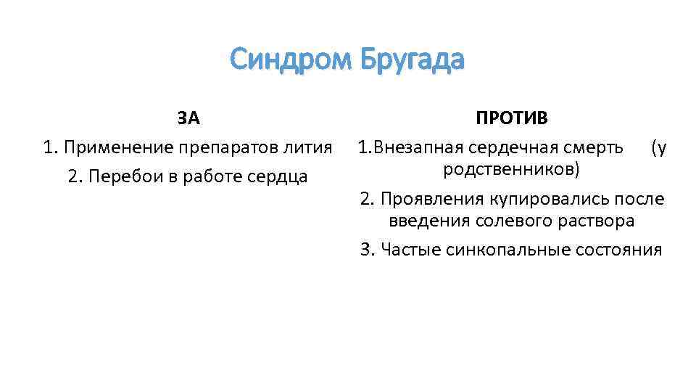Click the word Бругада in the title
tap(411, 60)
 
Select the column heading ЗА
tap(188, 118)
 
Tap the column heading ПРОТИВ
tap(512, 118)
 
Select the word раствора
tap(598, 220)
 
